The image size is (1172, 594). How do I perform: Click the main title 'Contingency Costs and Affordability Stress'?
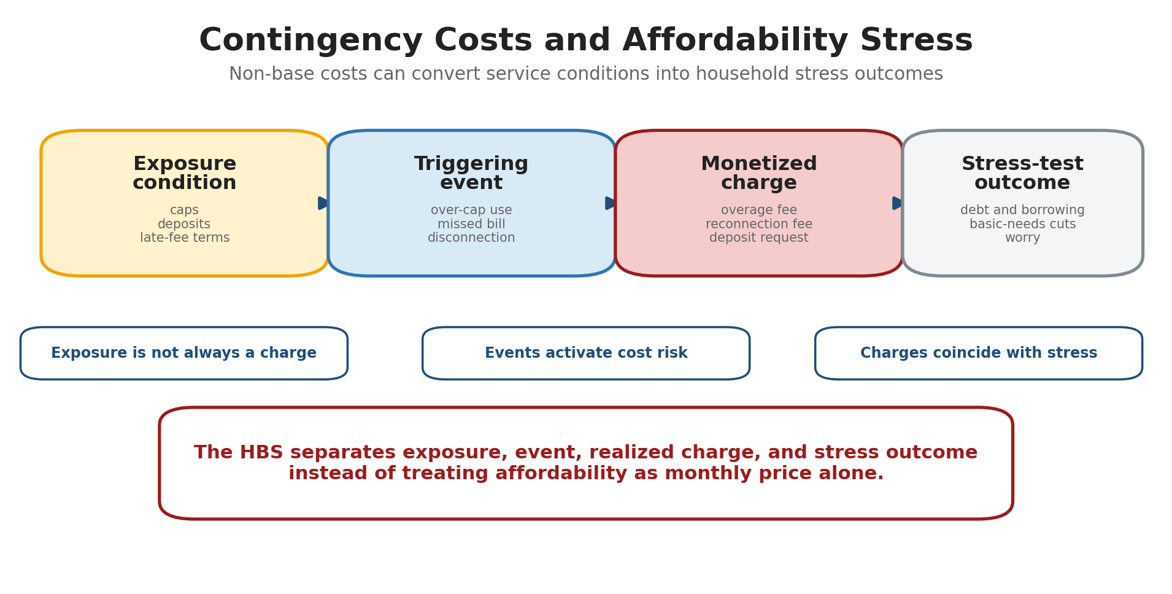click(586, 40)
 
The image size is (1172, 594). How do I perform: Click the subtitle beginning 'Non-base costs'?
click(586, 74)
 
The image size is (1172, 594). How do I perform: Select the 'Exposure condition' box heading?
click(185, 173)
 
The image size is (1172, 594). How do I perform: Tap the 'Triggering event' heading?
click(471, 173)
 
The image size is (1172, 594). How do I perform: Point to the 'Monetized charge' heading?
click(759, 173)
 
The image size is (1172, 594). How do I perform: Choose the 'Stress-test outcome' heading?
click(1022, 173)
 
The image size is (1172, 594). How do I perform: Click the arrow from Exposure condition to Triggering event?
click(323, 203)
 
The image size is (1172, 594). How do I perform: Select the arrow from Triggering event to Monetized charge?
click(611, 203)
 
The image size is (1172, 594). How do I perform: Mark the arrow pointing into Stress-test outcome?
click(898, 203)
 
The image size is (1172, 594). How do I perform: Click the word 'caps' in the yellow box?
click(184, 210)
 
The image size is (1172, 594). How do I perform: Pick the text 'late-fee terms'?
click(185, 237)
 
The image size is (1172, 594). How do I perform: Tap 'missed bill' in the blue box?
click(471, 224)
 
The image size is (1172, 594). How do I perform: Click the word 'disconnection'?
click(471, 237)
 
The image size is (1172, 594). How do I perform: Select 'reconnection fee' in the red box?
click(759, 224)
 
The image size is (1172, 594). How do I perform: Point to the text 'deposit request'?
click(759, 238)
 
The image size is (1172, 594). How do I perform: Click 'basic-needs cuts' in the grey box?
click(1023, 224)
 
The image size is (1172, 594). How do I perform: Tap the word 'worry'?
click(1023, 238)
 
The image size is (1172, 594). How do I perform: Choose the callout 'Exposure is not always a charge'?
click(184, 353)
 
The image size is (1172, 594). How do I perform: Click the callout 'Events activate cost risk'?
click(586, 353)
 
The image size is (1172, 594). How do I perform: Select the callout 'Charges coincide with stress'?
click(979, 353)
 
